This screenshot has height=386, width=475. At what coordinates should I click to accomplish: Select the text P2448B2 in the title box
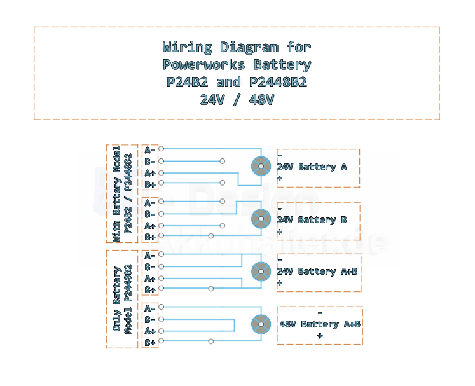click(278, 82)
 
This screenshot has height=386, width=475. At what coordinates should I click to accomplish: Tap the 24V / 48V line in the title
click(237, 100)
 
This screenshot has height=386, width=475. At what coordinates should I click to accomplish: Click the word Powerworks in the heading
click(203, 64)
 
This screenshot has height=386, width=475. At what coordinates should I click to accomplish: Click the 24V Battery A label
click(312, 167)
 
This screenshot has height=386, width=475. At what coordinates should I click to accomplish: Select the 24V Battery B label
click(312, 219)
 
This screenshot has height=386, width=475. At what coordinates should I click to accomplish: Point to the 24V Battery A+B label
click(317, 271)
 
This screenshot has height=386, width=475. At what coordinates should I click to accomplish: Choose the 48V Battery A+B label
click(320, 324)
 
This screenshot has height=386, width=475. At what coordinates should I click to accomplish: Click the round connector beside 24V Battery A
click(261, 166)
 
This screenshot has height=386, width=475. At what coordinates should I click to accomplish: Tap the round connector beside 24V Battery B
click(261, 219)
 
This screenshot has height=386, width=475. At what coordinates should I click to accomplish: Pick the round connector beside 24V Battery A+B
click(261, 272)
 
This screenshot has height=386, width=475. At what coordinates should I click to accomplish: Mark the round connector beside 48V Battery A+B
click(261, 324)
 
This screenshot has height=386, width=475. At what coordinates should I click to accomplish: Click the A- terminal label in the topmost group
click(149, 150)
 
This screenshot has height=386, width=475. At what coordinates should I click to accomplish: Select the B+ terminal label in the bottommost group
click(150, 343)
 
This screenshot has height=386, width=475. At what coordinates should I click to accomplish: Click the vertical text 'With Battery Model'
click(116, 194)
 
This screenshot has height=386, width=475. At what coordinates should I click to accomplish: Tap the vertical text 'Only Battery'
click(116, 299)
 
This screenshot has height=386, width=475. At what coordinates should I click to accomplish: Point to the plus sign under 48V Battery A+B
click(320, 336)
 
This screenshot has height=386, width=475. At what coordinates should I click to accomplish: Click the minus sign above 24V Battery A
click(280, 156)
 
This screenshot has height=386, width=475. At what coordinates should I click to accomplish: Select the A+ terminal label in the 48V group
click(150, 331)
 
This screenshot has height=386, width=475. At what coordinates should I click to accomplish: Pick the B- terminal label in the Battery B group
click(149, 214)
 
